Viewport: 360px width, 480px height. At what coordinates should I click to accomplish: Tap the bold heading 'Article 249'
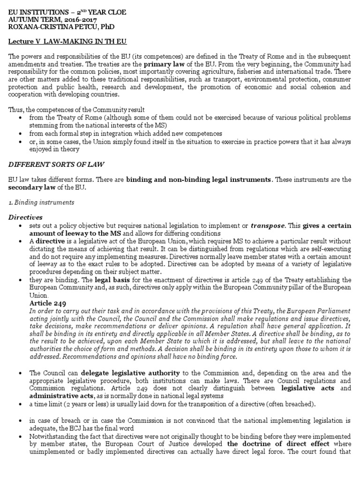coord(46,303)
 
